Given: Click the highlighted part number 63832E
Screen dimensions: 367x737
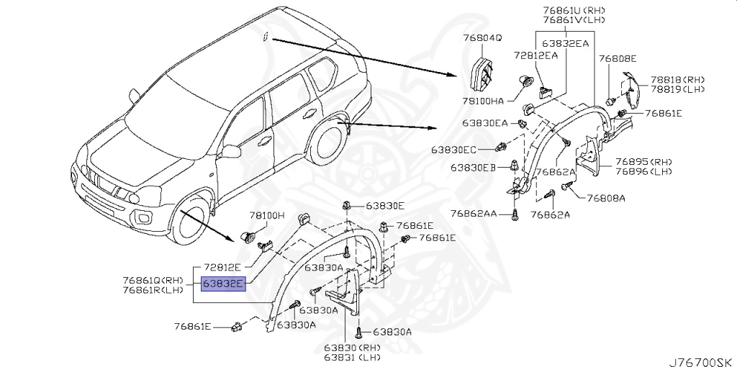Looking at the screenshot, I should pos(224,284).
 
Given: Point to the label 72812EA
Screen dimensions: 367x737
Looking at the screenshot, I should pos(536,55).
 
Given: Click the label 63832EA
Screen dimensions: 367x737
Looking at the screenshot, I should pos(566,43).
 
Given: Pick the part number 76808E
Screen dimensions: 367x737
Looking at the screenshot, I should pos(618,58).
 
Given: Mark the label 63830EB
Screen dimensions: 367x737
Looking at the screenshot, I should pos(474,168).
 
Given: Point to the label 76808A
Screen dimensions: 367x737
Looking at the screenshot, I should pos(606,198).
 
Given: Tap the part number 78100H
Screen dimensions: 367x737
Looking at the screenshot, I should pos(268,215).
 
